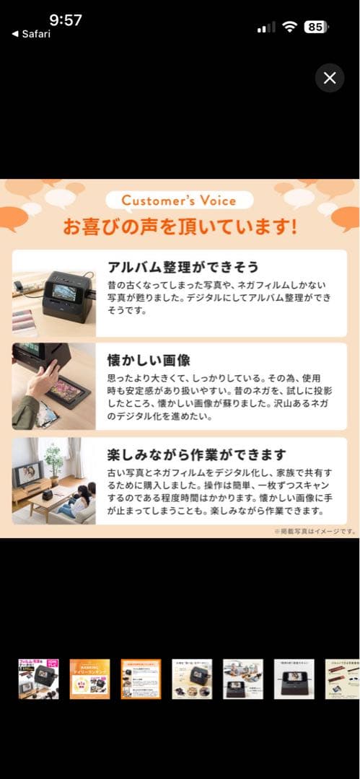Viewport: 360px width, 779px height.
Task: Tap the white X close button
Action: (330, 78)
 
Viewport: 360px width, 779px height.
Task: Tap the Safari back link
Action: (31, 34)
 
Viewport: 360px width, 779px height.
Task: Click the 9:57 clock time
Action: (66, 19)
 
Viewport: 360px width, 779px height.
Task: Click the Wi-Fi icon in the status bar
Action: (289, 27)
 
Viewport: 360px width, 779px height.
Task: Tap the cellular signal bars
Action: (266, 27)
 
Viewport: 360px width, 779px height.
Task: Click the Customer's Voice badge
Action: (180, 200)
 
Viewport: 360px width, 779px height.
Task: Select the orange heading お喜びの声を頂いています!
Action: (180, 227)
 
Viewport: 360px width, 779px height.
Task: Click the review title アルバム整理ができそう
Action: (183, 266)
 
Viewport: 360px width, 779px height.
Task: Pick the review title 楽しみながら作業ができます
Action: (196, 454)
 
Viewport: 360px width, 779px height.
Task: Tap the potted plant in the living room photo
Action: (53, 457)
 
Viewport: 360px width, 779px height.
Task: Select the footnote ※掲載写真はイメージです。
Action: (315, 532)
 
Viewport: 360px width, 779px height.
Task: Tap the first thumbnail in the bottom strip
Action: (38, 679)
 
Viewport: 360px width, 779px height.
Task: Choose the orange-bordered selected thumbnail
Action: (141, 679)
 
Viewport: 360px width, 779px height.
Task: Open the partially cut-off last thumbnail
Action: (342, 679)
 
